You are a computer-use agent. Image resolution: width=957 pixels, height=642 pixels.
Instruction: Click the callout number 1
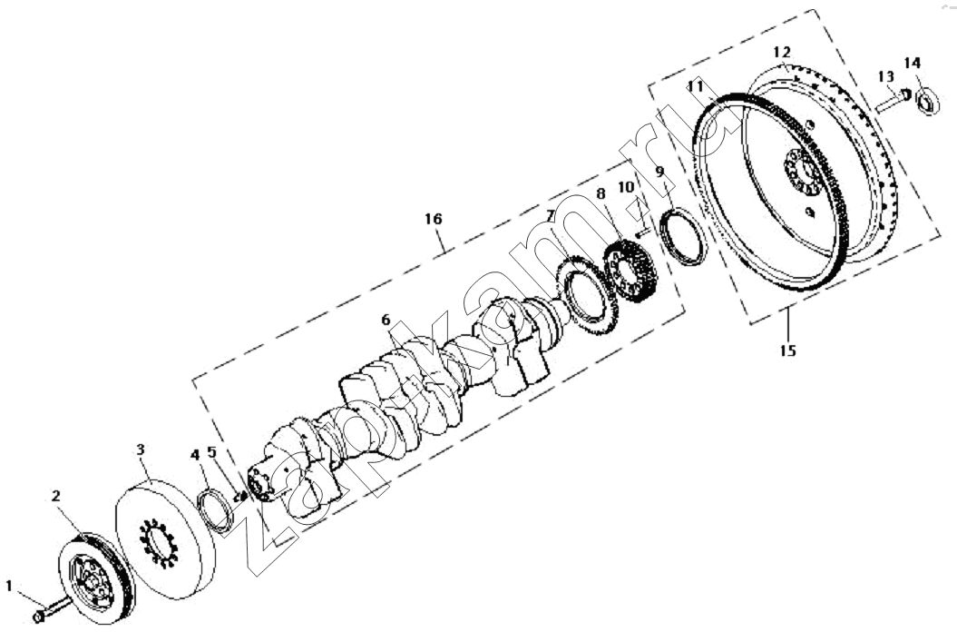coord(9,586)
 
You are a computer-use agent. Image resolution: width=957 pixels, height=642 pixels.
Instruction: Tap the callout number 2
coord(56,496)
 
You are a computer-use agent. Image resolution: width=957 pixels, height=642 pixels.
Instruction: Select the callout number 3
coord(141,450)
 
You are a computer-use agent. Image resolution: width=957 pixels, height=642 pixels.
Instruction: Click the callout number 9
coord(659,172)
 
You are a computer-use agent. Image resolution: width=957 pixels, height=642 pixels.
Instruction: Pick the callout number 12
coord(782,52)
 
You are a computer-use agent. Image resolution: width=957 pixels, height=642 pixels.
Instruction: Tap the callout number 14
coord(913,63)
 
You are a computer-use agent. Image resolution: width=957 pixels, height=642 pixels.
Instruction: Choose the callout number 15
coord(788,351)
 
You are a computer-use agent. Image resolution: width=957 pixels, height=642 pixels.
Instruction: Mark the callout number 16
coord(434,219)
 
